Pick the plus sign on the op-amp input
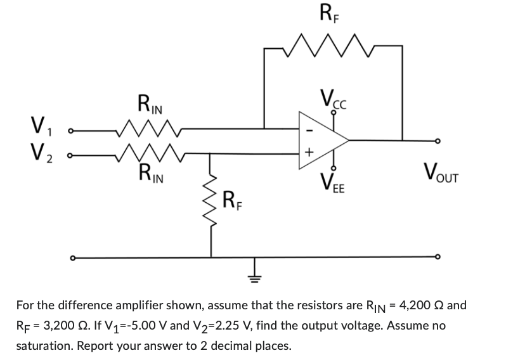(309, 153)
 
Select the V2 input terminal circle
(72, 155)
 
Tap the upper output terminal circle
(436, 140)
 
